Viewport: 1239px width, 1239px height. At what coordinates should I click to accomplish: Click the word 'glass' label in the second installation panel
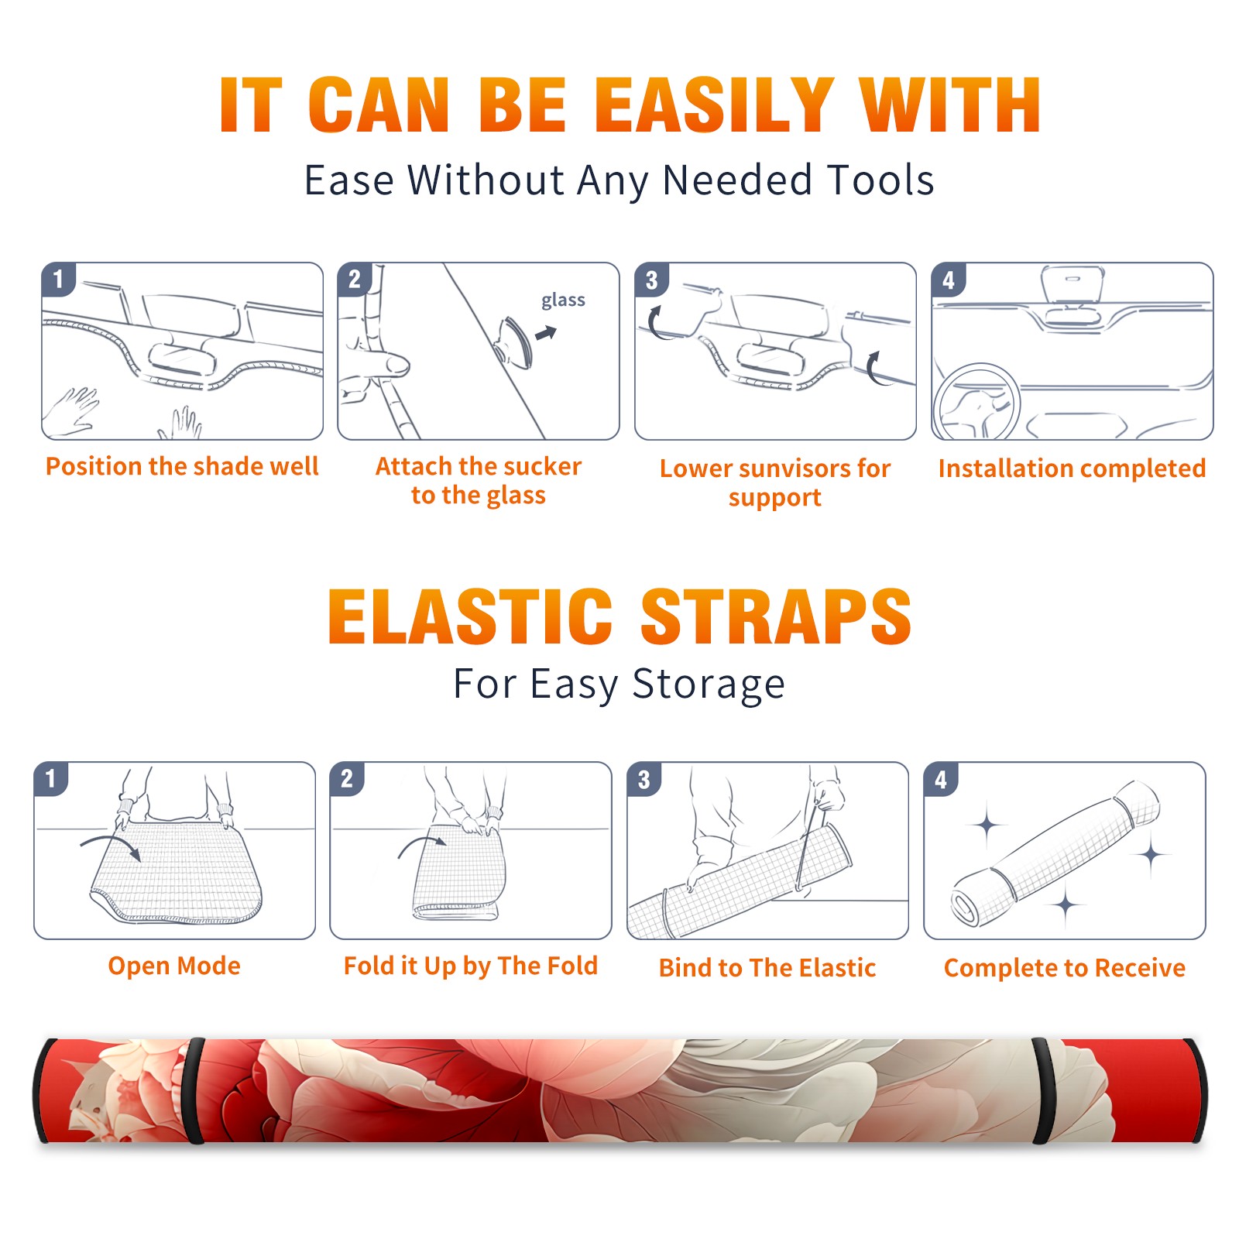click(563, 300)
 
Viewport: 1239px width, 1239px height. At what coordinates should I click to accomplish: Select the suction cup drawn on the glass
click(513, 341)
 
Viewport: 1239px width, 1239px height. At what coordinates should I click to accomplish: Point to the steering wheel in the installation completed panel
click(976, 402)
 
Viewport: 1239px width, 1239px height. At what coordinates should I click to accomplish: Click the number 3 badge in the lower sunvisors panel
click(651, 280)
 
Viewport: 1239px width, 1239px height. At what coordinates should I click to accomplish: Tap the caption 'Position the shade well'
click(182, 466)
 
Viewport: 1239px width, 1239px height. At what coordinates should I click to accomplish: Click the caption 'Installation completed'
click(1072, 468)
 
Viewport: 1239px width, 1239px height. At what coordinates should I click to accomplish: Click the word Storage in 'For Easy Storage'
click(709, 685)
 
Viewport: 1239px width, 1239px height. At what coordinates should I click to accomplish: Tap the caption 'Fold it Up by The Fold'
click(471, 966)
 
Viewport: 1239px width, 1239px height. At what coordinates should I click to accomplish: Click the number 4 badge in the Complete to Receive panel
click(941, 779)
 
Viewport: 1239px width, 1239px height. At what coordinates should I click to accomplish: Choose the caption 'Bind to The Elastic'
click(767, 968)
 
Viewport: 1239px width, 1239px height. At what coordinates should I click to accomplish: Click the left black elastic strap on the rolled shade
click(194, 1091)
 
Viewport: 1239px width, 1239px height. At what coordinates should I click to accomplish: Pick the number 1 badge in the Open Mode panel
click(51, 779)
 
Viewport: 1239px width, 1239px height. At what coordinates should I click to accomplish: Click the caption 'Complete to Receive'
click(1065, 968)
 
